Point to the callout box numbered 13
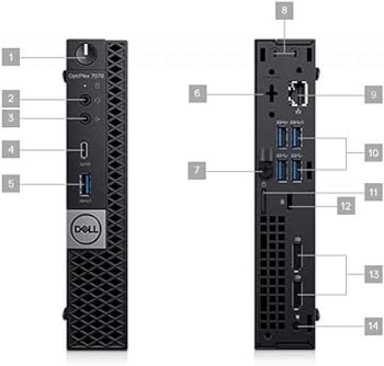373,274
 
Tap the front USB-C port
86,149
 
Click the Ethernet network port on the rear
296,95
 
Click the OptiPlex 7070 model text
86,76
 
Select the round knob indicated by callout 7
264,172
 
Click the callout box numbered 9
373,94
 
